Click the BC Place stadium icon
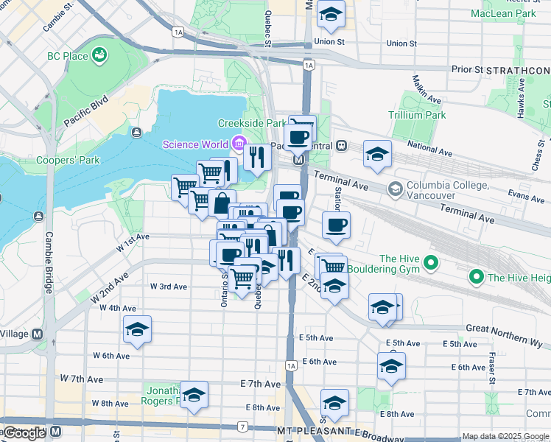99,55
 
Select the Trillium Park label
417,116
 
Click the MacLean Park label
503,13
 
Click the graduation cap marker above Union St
331,15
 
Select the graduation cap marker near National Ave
377,154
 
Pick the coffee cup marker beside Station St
336,225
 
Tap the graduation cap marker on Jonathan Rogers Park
194,395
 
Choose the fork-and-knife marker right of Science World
256,156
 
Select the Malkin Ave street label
427,89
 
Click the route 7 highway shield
242,427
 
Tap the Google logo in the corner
24,434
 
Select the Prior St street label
467,69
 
